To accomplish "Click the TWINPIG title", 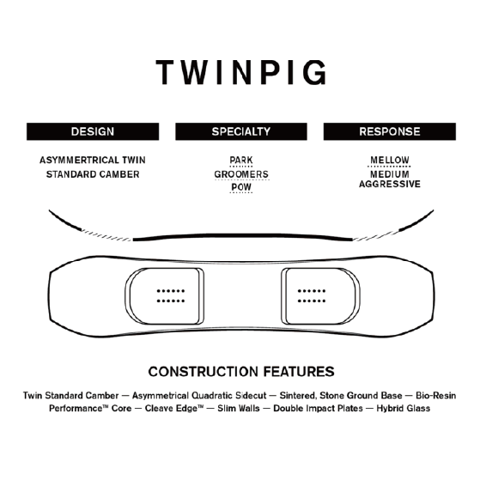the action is tap(241, 72).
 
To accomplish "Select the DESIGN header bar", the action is tap(93, 131).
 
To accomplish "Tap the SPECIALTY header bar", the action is tap(241, 131).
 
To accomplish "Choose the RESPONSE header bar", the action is tap(390, 131).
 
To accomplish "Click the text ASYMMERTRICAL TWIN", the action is tap(93, 160).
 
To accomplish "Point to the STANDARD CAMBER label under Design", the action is tap(93, 174).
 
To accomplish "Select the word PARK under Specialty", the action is tap(241, 160).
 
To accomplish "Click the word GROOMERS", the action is tap(241, 174).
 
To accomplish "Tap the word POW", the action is tap(241, 187).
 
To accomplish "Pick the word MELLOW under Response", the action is tap(389, 160).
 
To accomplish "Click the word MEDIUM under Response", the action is tap(389, 174).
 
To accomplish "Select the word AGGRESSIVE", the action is tap(390, 184).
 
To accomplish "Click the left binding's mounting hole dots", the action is tap(171, 296).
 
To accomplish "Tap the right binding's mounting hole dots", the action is tap(312, 296).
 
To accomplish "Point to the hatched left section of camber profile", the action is tap(106, 235).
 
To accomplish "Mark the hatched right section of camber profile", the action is tap(376, 235).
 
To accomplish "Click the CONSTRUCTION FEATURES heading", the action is tap(241, 372).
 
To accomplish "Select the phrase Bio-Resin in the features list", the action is tap(435, 396).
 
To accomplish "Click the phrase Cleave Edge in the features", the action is tap(173, 409).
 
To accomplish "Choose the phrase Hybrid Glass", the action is tap(404, 409).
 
